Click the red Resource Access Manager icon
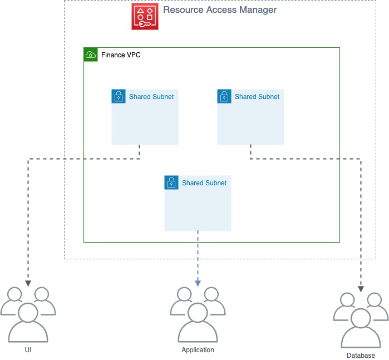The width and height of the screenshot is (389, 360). click(x=145, y=16)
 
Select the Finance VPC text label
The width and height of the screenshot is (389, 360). click(x=116, y=55)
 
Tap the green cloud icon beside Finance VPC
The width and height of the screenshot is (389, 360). click(x=90, y=55)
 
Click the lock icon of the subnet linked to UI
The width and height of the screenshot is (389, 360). click(x=118, y=96)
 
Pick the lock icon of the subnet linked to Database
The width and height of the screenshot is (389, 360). click(x=224, y=96)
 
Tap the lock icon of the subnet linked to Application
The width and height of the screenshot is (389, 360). click(x=171, y=183)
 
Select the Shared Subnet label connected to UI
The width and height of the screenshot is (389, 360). click(x=151, y=97)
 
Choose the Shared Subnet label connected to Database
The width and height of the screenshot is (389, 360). click(x=257, y=97)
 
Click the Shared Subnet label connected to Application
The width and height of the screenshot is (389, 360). click(x=204, y=183)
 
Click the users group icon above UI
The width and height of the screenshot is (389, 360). click(x=28, y=314)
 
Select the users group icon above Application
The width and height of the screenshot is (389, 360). click(x=198, y=314)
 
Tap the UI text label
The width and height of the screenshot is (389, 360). click(x=28, y=350)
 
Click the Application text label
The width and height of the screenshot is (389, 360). click(x=198, y=350)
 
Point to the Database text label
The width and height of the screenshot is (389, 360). click(x=361, y=356)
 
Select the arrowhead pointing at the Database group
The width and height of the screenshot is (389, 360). click(x=361, y=288)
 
